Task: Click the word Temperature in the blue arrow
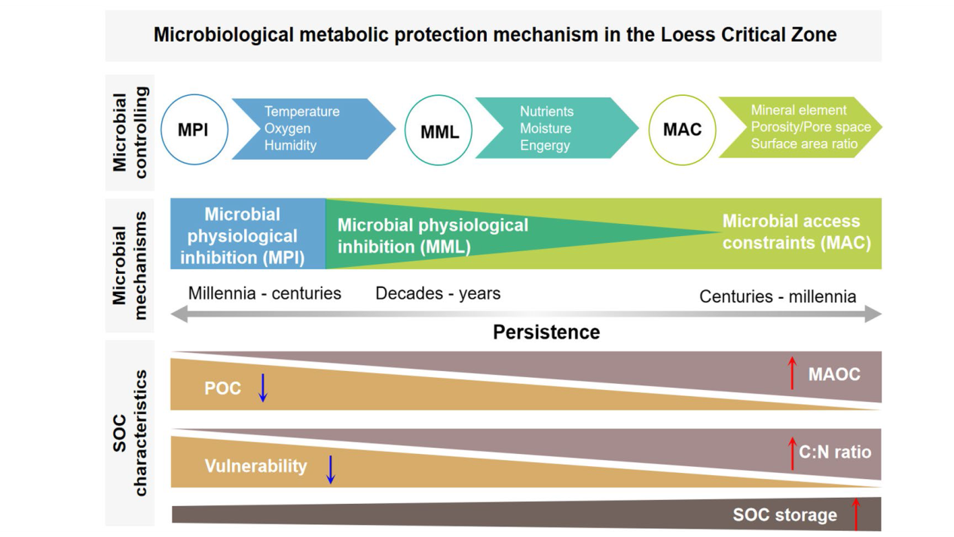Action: point(302,112)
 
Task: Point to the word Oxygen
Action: point(287,129)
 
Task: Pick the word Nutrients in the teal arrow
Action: point(546,112)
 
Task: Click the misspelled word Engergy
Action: point(545,146)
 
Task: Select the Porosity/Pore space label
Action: point(811,127)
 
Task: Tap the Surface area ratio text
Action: point(804,144)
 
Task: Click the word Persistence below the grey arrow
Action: point(546,332)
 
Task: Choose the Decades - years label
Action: point(438,293)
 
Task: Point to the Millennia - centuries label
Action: point(264,293)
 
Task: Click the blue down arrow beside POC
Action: point(263,388)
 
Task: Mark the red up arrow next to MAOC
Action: point(792,373)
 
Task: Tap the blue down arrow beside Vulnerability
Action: point(331,470)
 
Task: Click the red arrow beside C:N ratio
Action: point(792,453)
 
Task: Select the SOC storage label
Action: point(785,515)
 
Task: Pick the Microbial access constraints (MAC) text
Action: point(797,232)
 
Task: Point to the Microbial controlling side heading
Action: point(130,132)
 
